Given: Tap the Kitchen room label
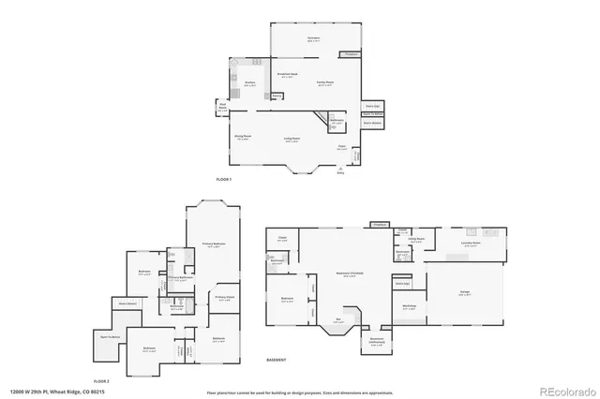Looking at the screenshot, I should tap(250, 83).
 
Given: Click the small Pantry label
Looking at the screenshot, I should tap(277, 95).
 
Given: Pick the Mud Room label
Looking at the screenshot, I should tap(223, 108).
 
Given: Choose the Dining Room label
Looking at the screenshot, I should tap(242, 138).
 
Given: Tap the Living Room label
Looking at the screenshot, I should tap(292, 139).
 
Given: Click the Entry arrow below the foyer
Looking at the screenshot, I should tap(340, 171).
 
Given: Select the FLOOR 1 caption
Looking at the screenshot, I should tap(223, 178).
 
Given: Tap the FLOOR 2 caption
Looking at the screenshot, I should tap(101, 381).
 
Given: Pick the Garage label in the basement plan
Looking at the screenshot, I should tap(465, 292).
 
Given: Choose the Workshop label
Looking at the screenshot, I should tap(409, 306).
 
